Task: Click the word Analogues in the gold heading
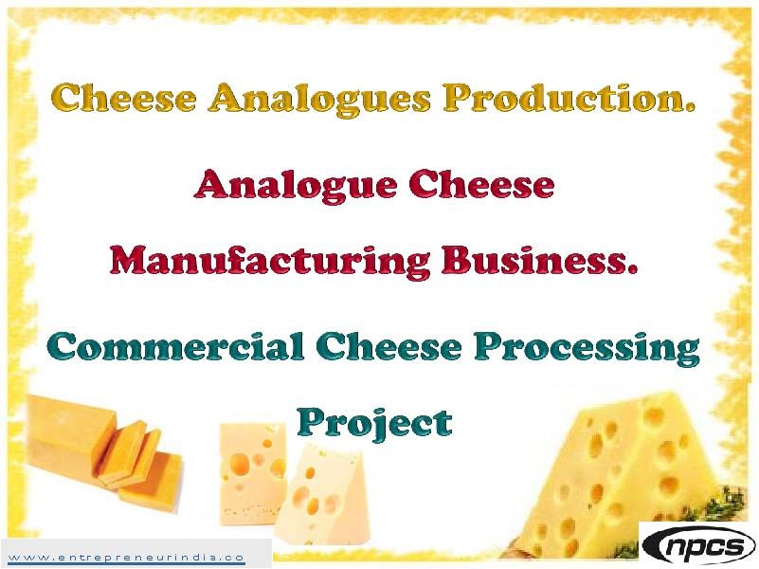coord(316,99)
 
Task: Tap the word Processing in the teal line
coord(587,349)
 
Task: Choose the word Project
coord(375,423)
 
